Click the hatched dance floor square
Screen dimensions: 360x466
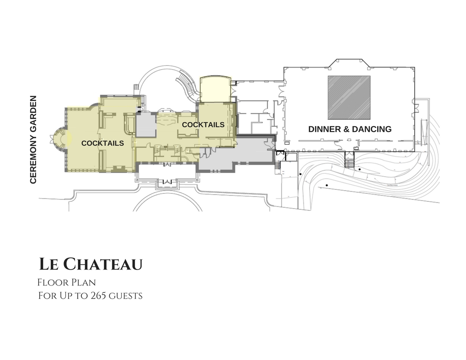(x=349, y=97)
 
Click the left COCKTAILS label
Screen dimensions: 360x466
(x=102, y=143)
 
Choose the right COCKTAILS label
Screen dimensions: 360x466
(x=203, y=125)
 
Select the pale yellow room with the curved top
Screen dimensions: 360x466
(x=215, y=90)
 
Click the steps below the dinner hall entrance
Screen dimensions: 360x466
(x=349, y=162)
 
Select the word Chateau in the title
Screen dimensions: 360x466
(x=103, y=264)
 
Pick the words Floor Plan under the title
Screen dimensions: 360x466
(x=67, y=282)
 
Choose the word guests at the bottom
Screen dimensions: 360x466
(x=127, y=295)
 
